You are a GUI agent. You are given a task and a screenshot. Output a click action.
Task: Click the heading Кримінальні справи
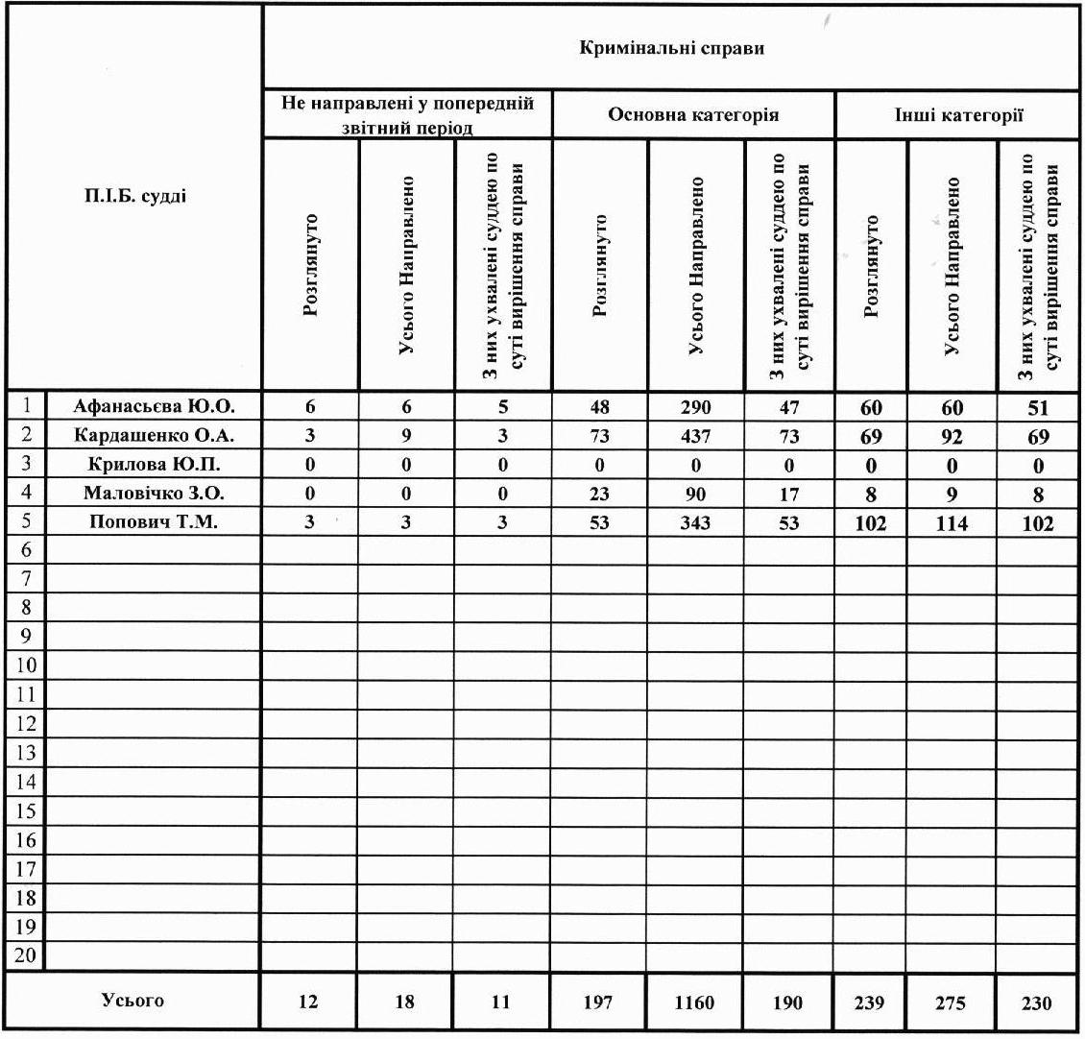click(671, 48)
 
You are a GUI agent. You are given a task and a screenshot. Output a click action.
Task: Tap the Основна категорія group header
click(692, 115)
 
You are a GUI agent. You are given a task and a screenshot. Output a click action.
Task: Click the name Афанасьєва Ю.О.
click(154, 406)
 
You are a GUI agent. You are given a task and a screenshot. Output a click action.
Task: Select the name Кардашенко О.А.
click(154, 435)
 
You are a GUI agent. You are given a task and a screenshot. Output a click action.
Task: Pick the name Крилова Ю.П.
click(154, 465)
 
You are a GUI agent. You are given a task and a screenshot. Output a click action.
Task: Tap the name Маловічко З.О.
click(154, 494)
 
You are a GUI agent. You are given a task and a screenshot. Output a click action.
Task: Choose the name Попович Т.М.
click(154, 523)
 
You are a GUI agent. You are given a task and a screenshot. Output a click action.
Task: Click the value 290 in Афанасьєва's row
click(695, 406)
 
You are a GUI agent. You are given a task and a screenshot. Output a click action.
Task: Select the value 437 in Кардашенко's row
click(695, 436)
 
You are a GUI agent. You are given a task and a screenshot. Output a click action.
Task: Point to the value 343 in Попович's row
click(695, 523)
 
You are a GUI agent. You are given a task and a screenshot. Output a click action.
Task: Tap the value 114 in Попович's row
click(952, 524)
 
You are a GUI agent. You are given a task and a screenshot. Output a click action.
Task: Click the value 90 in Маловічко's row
click(695, 495)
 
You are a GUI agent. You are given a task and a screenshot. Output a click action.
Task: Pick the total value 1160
click(694, 1003)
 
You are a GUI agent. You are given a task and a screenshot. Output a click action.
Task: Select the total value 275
click(952, 1003)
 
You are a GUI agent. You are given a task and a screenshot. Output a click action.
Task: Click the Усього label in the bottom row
click(133, 1001)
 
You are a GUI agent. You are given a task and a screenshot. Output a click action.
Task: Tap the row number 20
click(26, 956)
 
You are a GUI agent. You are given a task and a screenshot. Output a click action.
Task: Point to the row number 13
click(26, 752)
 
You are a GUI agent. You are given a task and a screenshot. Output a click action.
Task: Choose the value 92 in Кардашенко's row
click(952, 437)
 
